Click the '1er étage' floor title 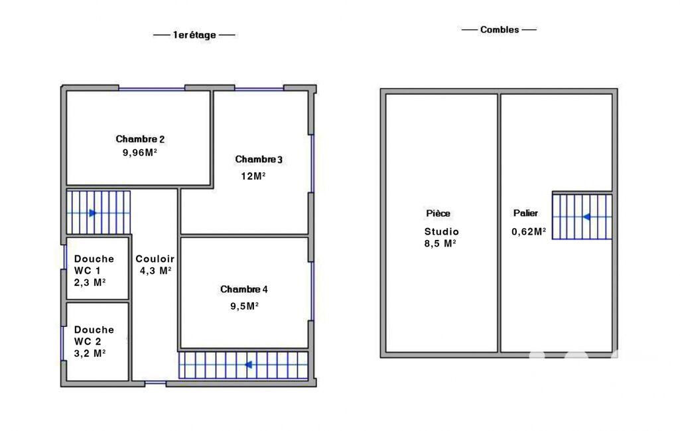[x=194, y=35]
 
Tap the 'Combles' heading [x=499, y=29]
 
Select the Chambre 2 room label [x=140, y=139]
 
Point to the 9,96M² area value [x=139, y=153]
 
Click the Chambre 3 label [x=259, y=160]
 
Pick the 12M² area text [x=253, y=176]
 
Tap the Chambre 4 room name [x=244, y=289]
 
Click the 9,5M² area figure [x=245, y=306]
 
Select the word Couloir [x=155, y=259]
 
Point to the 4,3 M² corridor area [x=156, y=271]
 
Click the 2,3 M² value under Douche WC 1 [x=90, y=282]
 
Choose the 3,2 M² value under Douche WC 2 [x=90, y=353]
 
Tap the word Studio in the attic [x=441, y=231]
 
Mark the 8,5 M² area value [x=441, y=244]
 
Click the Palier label [x=525, y=213]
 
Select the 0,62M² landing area [x=529, y=231]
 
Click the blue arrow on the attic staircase [x=586, y=217]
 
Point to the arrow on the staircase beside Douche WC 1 [x=92, y=213]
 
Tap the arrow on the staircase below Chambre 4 [x=248, y=365]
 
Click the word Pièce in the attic [x=438, y=214]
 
